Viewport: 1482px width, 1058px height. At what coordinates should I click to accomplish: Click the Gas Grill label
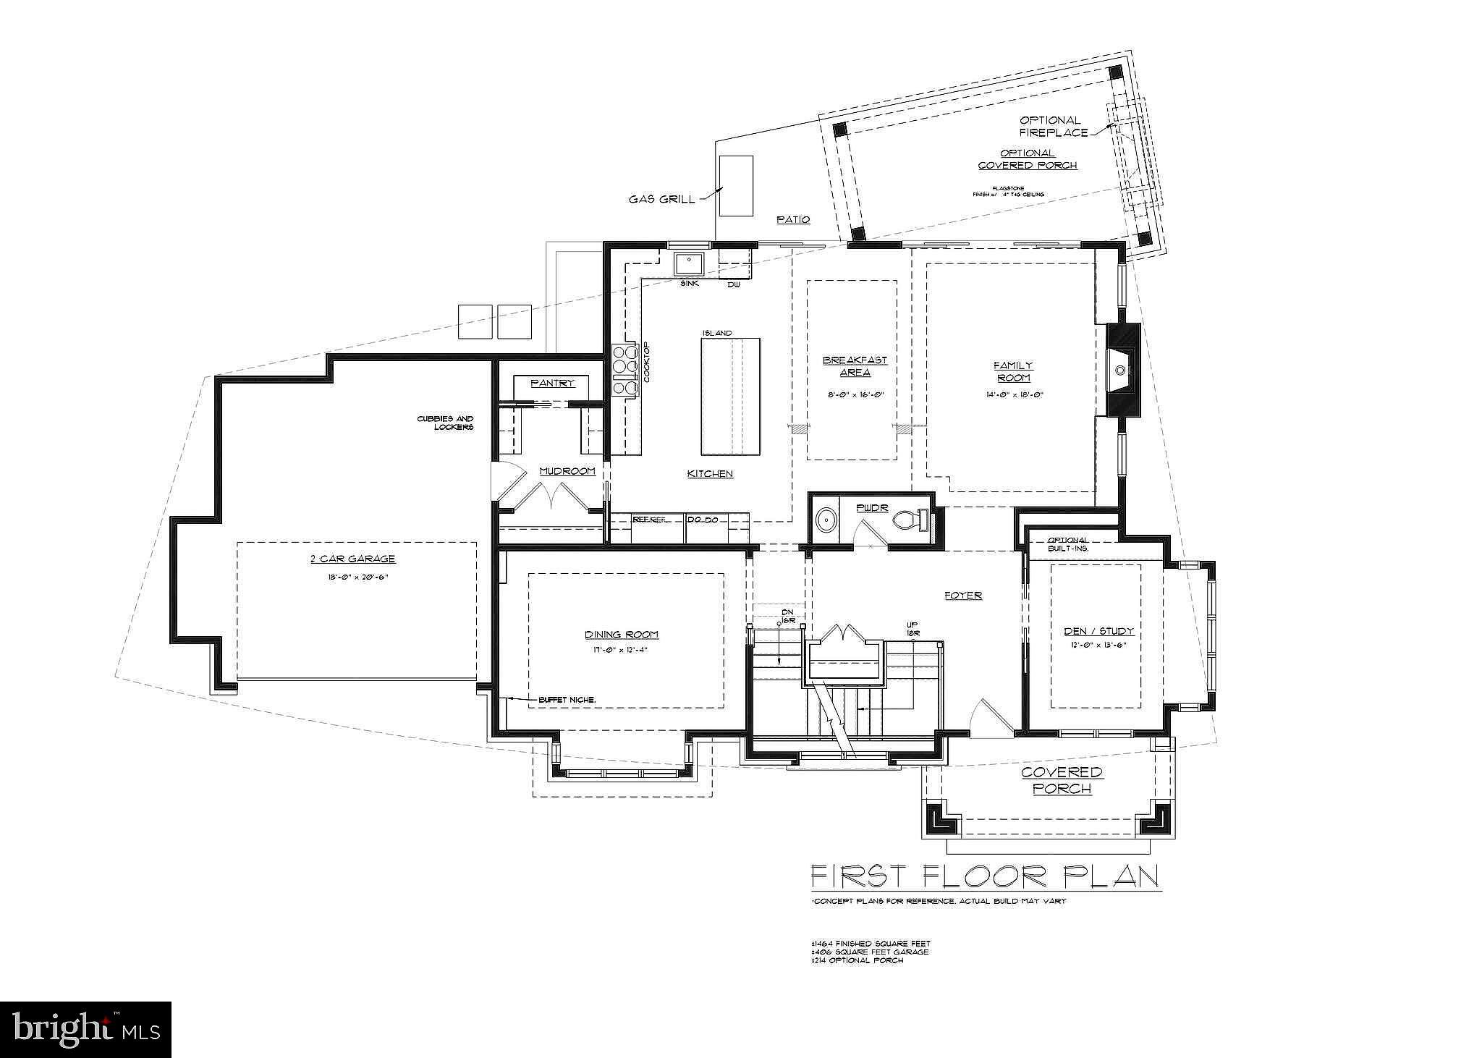(661, 199)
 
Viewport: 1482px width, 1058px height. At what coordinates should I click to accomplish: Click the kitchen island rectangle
(730, 396)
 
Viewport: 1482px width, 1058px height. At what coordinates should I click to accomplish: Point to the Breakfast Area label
(855, 366)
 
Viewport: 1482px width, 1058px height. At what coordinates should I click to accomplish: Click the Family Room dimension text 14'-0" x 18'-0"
(1013, 395)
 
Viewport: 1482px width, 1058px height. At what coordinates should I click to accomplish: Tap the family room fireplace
(1122, 370)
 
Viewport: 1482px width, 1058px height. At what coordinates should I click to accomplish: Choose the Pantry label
(552, 383)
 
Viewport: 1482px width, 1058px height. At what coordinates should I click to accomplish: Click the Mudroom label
(568, 471)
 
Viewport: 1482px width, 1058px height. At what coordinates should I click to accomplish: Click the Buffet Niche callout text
(567, 700)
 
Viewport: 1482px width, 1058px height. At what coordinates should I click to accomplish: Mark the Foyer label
(962, 596)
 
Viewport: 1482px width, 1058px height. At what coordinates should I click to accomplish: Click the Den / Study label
(1098, 631)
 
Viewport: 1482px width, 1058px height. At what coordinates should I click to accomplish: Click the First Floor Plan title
(984, 876)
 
